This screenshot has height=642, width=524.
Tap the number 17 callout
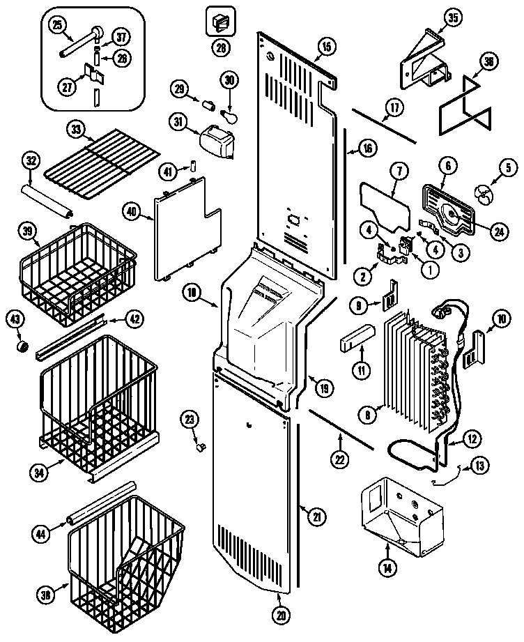pyautogui.click(x=394, y=108)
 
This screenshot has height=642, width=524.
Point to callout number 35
pyautogui.click(x=453, y=19)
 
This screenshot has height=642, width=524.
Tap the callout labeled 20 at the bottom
pyautogui.click(x=282, y=616)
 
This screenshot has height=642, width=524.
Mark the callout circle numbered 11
pyautogui.click(x=361, y=370)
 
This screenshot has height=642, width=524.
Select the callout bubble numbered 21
pyautogui.click(x=317, y=515)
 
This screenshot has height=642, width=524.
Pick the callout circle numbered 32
pyautogui.click(x=30, y=160)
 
